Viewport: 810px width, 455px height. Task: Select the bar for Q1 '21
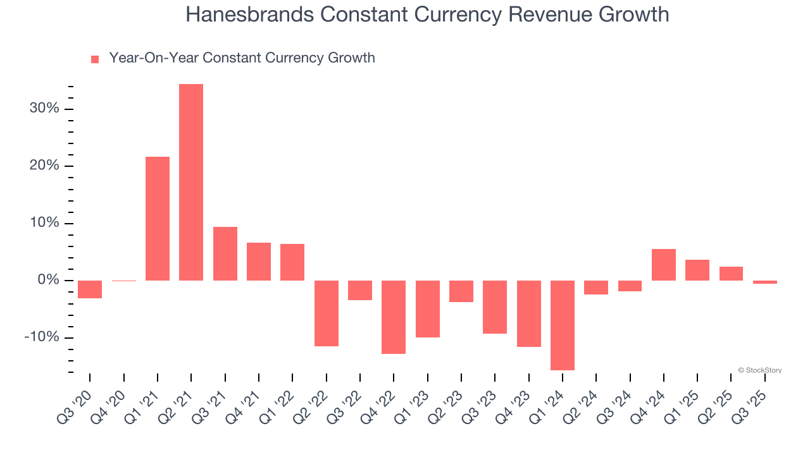point(158,218)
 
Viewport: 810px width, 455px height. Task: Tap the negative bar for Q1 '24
point(563,325)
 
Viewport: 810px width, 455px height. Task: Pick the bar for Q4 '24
point(664,265)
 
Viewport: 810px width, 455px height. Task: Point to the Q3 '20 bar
point(90,289)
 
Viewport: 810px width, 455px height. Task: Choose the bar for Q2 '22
point(327,313)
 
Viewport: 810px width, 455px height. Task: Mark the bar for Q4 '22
point(394,317)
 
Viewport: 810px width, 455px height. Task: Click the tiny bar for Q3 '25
point(765,282)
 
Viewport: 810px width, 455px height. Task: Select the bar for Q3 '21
point(225,253)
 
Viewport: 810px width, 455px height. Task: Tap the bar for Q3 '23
point(495,307)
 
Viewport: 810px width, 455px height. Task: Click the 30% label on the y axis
point(44,109)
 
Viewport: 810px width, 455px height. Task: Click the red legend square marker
point(95,59)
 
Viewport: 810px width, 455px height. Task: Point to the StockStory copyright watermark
point(759,370)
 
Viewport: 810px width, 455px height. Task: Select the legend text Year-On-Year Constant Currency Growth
point(242,58)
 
